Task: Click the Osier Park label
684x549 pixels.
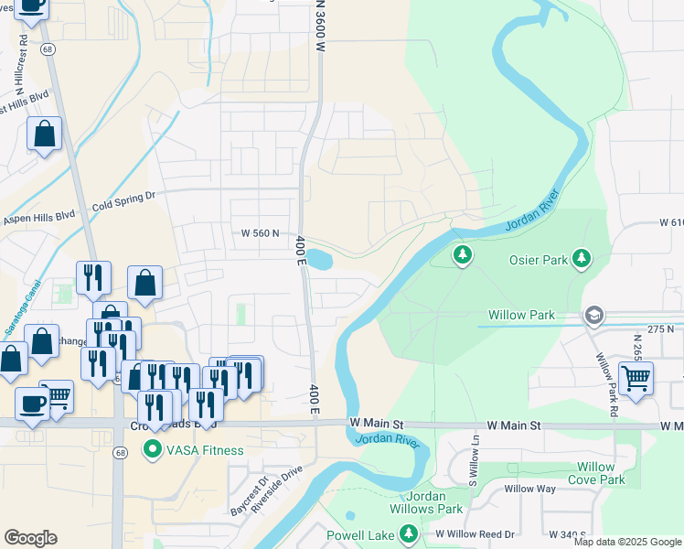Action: click(539, 260)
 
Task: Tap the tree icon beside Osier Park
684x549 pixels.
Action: click(581, 260)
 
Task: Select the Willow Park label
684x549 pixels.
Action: click(521, 315)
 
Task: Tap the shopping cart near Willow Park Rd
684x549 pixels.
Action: click(636, 376)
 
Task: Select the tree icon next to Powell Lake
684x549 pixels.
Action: click(410, 533)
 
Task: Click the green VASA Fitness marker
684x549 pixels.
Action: click(152, 450)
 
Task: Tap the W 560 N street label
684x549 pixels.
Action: click(260, 233)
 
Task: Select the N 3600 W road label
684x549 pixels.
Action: click(321, 27)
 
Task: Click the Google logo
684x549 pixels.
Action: click(31, 538)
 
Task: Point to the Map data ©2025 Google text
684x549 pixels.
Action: click(626, 542)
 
